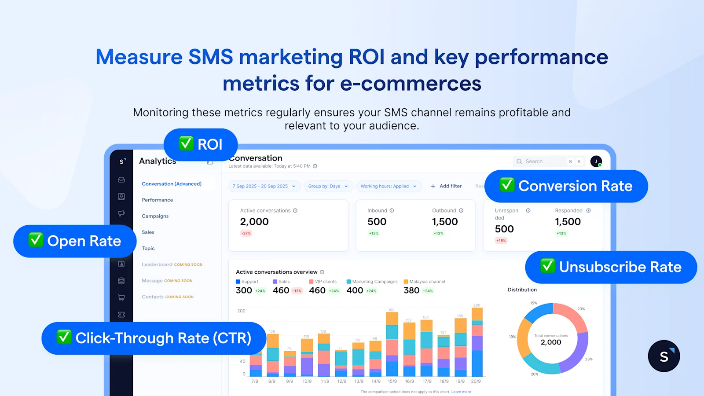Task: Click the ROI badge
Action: pos(201,144)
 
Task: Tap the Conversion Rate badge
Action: pos(566,186)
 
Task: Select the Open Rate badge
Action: pos(75,241)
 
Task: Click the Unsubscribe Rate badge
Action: pos(611,267)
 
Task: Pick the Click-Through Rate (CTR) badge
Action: pos(154,338)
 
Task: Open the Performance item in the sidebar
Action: pos(158,200)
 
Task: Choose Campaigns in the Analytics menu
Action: pos(155,216)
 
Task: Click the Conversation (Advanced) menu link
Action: pos(172,184)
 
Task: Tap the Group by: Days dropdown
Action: pos(328,186)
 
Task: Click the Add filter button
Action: pos(446,186)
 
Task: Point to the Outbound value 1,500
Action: pos(445,222)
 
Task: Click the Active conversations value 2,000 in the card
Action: pos(254,222)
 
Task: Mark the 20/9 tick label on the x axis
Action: pos(476,381)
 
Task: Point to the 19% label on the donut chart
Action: pos(512,337)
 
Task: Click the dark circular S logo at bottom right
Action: pos(664,356)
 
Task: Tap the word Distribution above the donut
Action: pos(522,290)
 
